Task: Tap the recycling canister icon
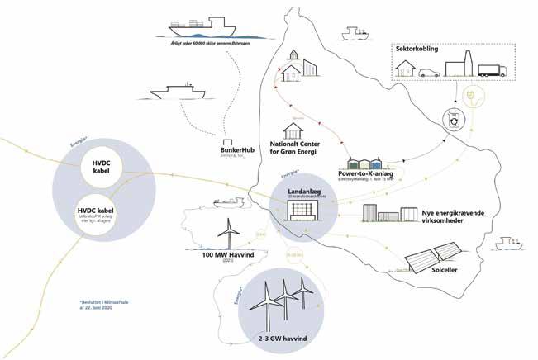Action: (x=455, y=121)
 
